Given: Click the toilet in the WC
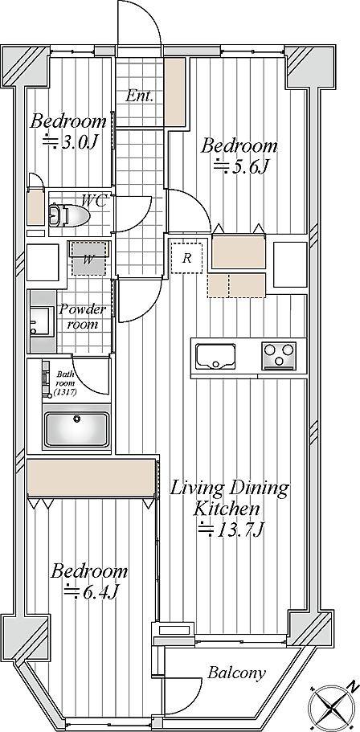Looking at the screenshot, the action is click(68, 215).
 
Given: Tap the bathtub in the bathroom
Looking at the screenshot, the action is click(76, 428).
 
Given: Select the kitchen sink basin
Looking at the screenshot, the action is click(215, 356).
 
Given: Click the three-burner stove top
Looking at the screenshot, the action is click(279, 355).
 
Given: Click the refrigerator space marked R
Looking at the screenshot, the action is click(186, 258).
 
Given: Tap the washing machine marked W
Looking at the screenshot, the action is click(88, 259).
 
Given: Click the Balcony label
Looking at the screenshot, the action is click(236, 673).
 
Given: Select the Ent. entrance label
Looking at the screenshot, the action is click(139, 96).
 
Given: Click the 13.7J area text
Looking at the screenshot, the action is click(231, 530).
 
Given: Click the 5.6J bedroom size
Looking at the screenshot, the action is click(239, 166).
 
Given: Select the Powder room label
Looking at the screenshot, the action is click(82, 317).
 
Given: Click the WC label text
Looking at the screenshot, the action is click(95, 201).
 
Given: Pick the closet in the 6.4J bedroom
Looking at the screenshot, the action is click(91, 478).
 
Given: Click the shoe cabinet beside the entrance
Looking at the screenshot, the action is click(175, 92).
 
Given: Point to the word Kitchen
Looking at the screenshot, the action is click(227, 509).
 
